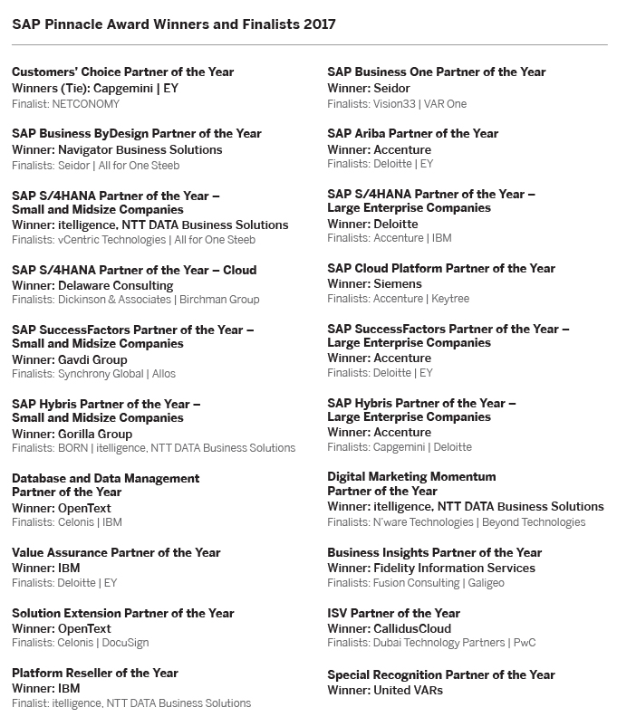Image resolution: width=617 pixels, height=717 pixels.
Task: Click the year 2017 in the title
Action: (x=320, y=24)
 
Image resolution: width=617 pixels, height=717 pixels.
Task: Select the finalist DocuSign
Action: (x=125, y=643)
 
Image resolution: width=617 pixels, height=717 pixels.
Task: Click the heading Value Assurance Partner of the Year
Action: (x=116, y=552)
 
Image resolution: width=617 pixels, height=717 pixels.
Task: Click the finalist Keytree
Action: (x=449, y=299)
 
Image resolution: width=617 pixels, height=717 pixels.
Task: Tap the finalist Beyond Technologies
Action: (x=534, y=522)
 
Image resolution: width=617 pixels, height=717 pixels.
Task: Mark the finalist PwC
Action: (x=524, y=643)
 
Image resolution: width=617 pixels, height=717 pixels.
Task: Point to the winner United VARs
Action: (x=408, y=690)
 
